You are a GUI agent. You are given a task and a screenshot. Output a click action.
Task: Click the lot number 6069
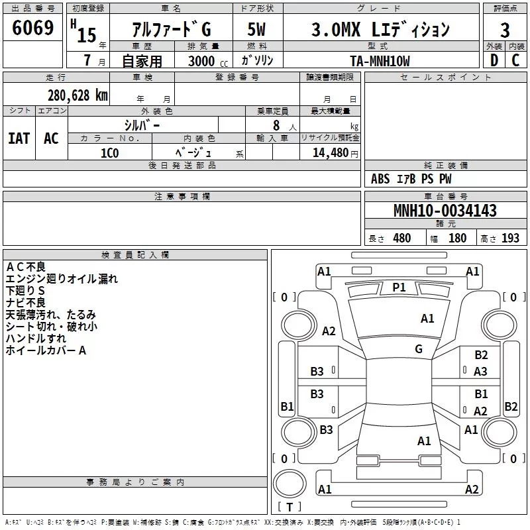coord(32,28)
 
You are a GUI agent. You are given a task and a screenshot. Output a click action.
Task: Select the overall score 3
coord(505,30)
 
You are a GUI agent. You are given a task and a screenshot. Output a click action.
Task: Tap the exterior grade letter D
coord(494,60)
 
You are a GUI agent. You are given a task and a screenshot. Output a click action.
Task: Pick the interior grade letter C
coord(515,60)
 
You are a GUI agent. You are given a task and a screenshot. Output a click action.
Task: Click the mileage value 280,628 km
coord(78,95)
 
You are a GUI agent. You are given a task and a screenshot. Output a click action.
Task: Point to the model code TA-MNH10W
coord(380,61)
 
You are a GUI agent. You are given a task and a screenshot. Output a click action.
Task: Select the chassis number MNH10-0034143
coord(445,210)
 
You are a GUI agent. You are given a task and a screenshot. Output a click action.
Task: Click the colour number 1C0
coord(109,153)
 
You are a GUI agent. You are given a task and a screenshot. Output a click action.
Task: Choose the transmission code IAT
coord(19,138)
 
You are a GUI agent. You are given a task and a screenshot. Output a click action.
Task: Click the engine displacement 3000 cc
coord(208,61)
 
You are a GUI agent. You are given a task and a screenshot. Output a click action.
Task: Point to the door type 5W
coord(256,29)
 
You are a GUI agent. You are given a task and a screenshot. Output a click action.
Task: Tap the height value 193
coord(510,238)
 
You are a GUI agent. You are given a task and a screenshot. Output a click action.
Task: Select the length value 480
coord(401,238)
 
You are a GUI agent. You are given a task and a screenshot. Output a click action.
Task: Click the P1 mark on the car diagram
coord(399,288)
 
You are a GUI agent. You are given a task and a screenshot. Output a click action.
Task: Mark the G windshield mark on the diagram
coord(419,348)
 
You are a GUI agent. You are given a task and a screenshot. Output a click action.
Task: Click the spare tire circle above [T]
coord(290,484)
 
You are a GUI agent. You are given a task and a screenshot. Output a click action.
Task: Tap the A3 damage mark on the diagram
coord(480,372)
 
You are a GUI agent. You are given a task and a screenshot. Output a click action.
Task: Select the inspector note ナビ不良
coord(25,303)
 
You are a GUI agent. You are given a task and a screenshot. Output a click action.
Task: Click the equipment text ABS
coord(380,179)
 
